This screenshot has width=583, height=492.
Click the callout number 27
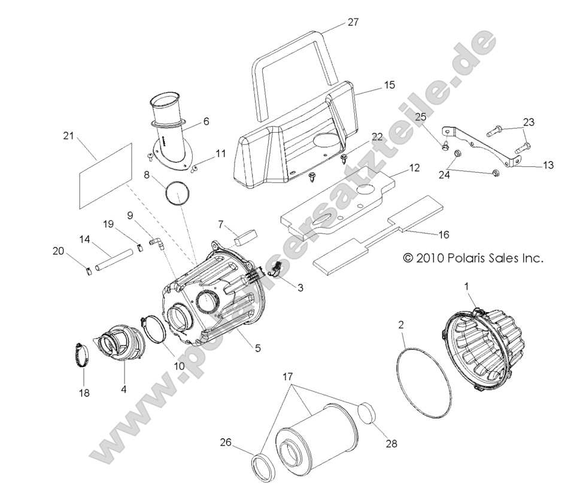[x=353, y=22]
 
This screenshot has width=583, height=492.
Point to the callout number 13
[x=548, y=165]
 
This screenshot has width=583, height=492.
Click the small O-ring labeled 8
[x=178, y=194]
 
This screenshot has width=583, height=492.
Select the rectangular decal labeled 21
[x=105, y=175]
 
